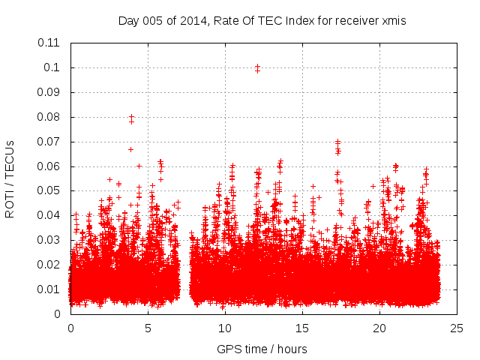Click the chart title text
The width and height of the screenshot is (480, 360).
(x=262, y=20)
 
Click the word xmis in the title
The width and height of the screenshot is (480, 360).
(x=392, y=20)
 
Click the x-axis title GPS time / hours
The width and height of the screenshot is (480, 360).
(x=262, y=349)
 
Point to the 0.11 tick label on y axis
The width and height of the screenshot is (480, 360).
(x=49, y=43)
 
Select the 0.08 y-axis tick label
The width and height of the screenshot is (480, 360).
(x=49, y=117)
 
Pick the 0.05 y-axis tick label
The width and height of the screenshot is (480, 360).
(x=49, y=190)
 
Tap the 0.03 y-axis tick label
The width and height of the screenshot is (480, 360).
(x=49, y=240)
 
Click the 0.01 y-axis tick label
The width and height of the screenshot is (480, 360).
(x=49, y=289)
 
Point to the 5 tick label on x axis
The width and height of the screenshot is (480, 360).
(x=148, y=328)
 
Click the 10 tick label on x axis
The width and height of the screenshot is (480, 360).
(x=225, y=328)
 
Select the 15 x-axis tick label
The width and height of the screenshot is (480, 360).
(x=302, y=328)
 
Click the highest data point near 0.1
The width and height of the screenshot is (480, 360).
(x=257, y=67)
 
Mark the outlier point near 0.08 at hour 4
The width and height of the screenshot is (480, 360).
(x=132, y=117)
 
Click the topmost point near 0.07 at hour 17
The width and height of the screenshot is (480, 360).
(x=337, y=141)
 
